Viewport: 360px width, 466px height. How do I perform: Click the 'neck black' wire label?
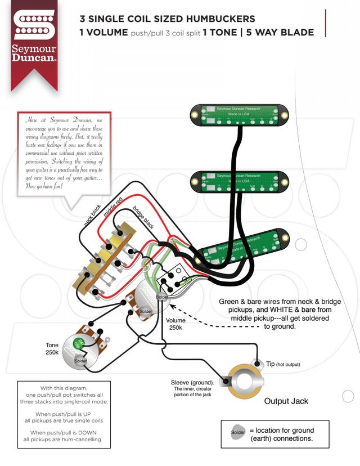[x=92, y=214]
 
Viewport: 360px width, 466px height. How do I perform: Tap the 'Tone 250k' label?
[x=52, y=349]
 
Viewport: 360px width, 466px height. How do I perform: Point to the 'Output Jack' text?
[x=286, y=401]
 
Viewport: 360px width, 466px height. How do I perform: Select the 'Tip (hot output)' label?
[x=282, y=364]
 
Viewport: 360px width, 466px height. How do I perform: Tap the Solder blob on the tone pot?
[x=80, y=360]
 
